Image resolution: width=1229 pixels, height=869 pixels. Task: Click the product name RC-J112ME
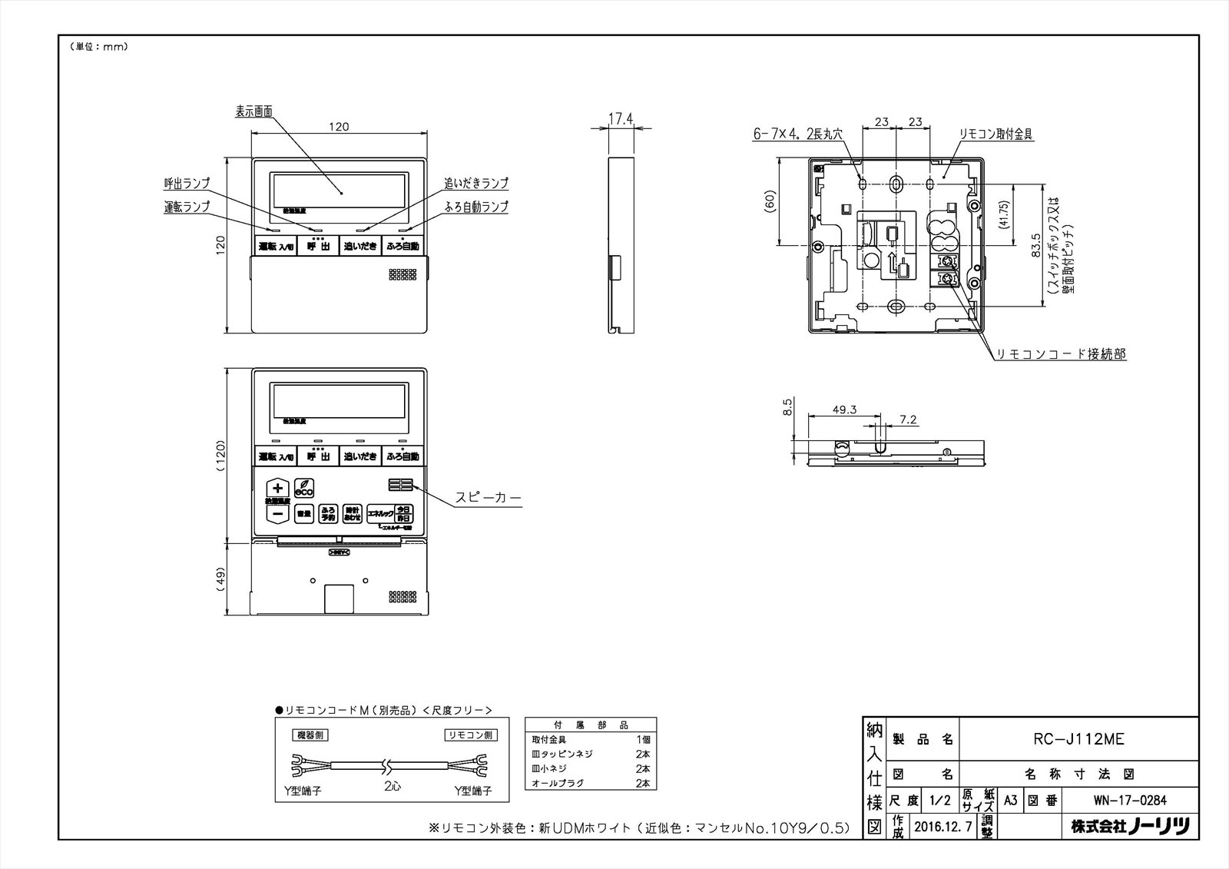point(1078,739)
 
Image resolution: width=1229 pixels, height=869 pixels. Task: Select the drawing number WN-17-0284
point(1129,800)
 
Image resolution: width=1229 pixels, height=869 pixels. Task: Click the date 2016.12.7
point(942,827)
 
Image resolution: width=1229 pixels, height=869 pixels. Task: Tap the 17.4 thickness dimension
point(620,118)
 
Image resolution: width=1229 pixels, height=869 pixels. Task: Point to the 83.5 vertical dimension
point(1036,245)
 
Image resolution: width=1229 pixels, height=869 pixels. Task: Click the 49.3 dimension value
point(843,410)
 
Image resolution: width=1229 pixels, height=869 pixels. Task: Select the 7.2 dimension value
point(908,420)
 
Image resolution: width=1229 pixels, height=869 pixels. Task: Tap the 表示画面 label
point(254,111)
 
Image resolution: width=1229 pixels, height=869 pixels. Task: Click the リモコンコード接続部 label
point(1061,354)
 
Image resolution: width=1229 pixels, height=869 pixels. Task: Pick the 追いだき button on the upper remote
point(360,247)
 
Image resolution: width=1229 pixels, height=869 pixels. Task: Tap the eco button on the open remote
point(304,488)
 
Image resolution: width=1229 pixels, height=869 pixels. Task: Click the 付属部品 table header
point(590,725)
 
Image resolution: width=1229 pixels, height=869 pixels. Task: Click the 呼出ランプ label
point(187,183)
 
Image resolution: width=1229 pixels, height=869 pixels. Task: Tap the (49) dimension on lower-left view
point(220,579)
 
